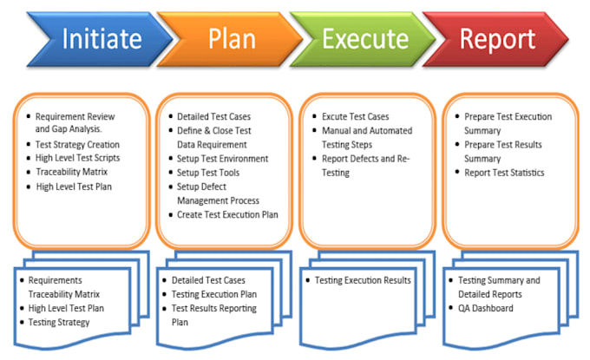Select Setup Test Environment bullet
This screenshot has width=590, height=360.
[223, 160]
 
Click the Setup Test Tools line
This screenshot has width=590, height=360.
[208, 173]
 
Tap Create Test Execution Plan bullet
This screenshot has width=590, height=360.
[227, 214]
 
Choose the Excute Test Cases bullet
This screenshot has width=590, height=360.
[356, 117]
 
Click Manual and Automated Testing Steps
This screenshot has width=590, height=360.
[367, 138]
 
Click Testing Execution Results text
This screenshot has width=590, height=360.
[363, 280]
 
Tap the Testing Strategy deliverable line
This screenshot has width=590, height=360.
[58, 322]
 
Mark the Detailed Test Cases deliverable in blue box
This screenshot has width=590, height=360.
[208, 280]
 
